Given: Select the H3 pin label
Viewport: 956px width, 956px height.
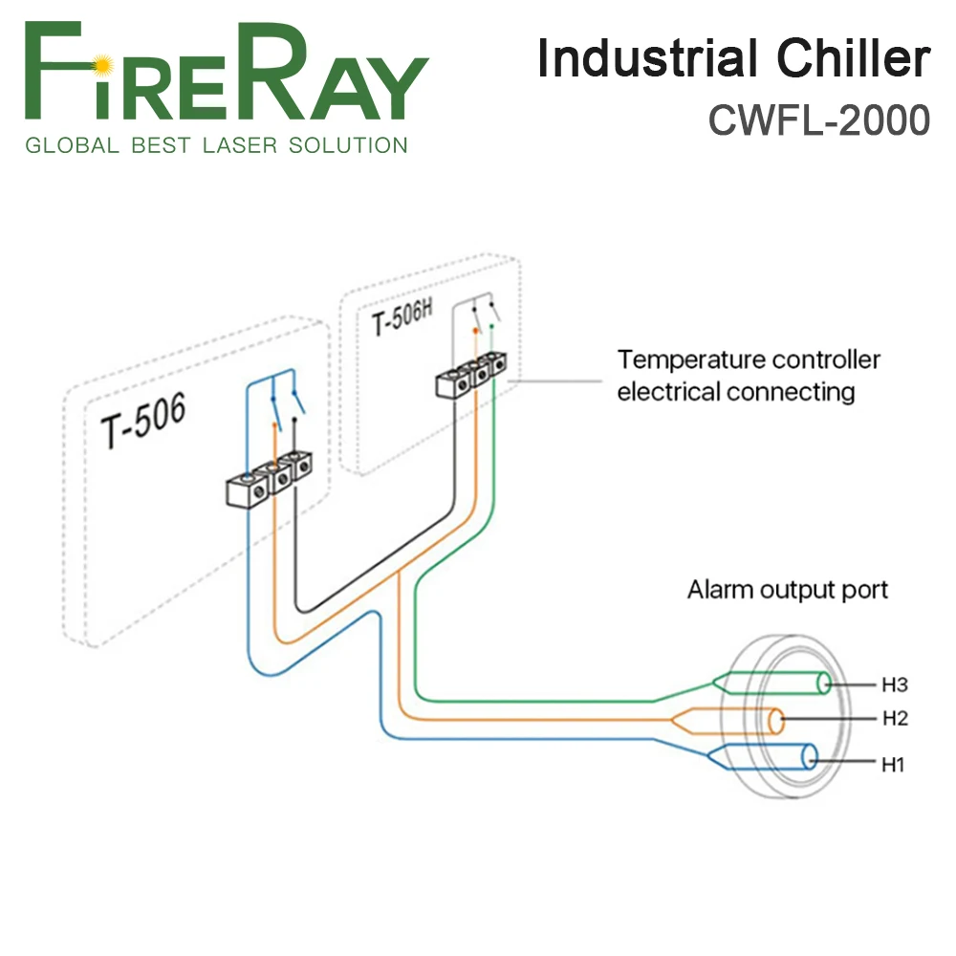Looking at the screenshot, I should point(894,684).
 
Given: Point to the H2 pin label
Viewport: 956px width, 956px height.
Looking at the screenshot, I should point(894,718).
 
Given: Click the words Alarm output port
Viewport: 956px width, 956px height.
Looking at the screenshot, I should point(787,589).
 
